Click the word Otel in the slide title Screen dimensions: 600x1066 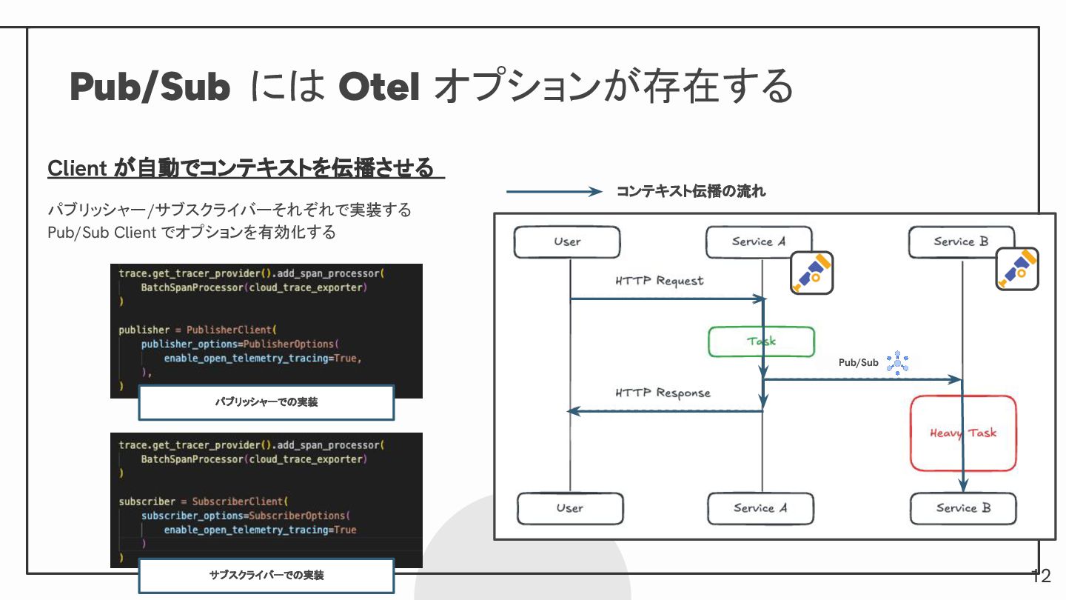pyautogui.click(x=380, y=87)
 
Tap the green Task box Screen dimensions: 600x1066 pyautogui.click(x=761, y=341)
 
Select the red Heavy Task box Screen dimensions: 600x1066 pyautogui.click(x=963, y=433)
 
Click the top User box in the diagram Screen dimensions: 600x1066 pyautogui.click(x=567, y=241)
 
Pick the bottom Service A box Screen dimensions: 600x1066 pyautogui.click(x=760, y=508)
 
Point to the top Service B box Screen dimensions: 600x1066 pyautogui.click(x=961, y=241)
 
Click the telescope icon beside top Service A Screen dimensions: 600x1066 pyautogui.click(x=811, y=273)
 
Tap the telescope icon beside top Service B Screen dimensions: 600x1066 pyautogui.click(x=1016, y=268)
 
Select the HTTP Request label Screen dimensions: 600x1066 pyautogui.click(x=659, y=281)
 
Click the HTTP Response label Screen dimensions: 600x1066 pyautogui.click(x=663, y=393)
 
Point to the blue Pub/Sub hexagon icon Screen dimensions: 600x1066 pyautogui.click(x=897, y=362)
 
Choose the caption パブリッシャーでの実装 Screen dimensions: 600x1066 pyautogui.click(x=266, y=402)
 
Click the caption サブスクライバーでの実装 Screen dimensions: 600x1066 pyautogui.click(x=266, y=575)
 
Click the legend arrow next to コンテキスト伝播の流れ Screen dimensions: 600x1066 pyautogui.click(x=554, y=192)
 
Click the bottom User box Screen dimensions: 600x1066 pyautogui.click(x=569, y=508)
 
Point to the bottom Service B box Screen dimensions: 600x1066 pyautogui.click(x=963, y=508)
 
